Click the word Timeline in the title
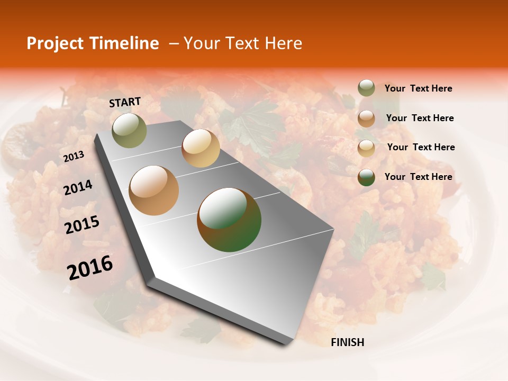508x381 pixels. (127, 43)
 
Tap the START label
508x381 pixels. (125, 102)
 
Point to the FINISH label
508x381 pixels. (347, 342)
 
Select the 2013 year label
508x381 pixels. (74, 156)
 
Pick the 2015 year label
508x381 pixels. (82, 225)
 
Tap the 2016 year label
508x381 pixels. (90, 267)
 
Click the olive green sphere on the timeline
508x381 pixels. (129, 130)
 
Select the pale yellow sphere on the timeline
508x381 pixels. (201, 148)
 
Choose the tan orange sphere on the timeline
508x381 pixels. (154, 190)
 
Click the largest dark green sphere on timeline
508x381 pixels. (229, 220)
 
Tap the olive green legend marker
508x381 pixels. (366, 88)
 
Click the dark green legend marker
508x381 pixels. (366, 177)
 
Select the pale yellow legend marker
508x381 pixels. (366, 148)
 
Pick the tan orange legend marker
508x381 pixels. (366, 118)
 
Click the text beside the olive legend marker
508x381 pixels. (418, 88)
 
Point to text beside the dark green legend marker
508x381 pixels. (418, 177)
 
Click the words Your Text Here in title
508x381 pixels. (242, 43)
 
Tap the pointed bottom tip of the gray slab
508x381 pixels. (286, 344)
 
